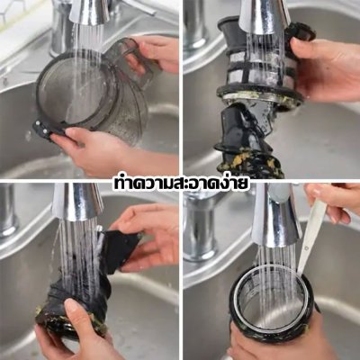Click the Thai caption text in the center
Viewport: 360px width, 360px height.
[x=180, y=184]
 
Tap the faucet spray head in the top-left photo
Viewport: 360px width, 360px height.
[x=89, y=13]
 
